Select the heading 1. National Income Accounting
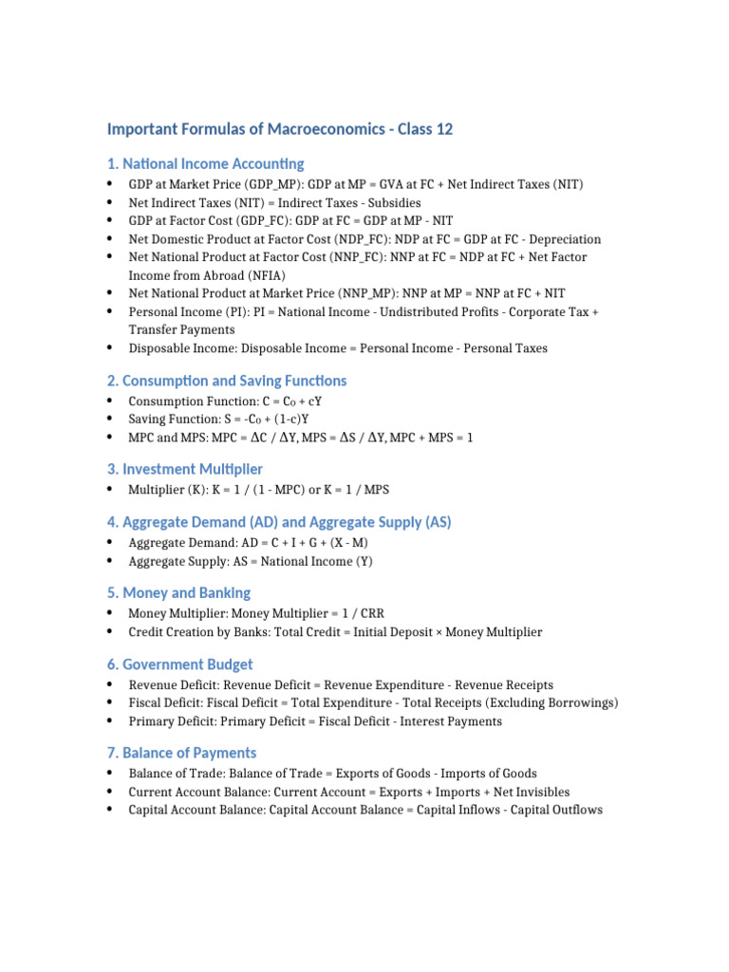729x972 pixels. coord(206,164)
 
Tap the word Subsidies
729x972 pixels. coord(389,202)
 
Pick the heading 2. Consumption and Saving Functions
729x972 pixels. coord(227,381)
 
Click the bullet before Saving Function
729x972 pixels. coord(111,419)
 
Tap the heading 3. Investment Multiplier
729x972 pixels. coord(185,469)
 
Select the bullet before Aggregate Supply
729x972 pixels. coord(111,561)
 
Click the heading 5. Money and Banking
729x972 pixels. coord(178,593)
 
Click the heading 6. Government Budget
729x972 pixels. coord(179,664)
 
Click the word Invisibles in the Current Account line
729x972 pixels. coord(537,792)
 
